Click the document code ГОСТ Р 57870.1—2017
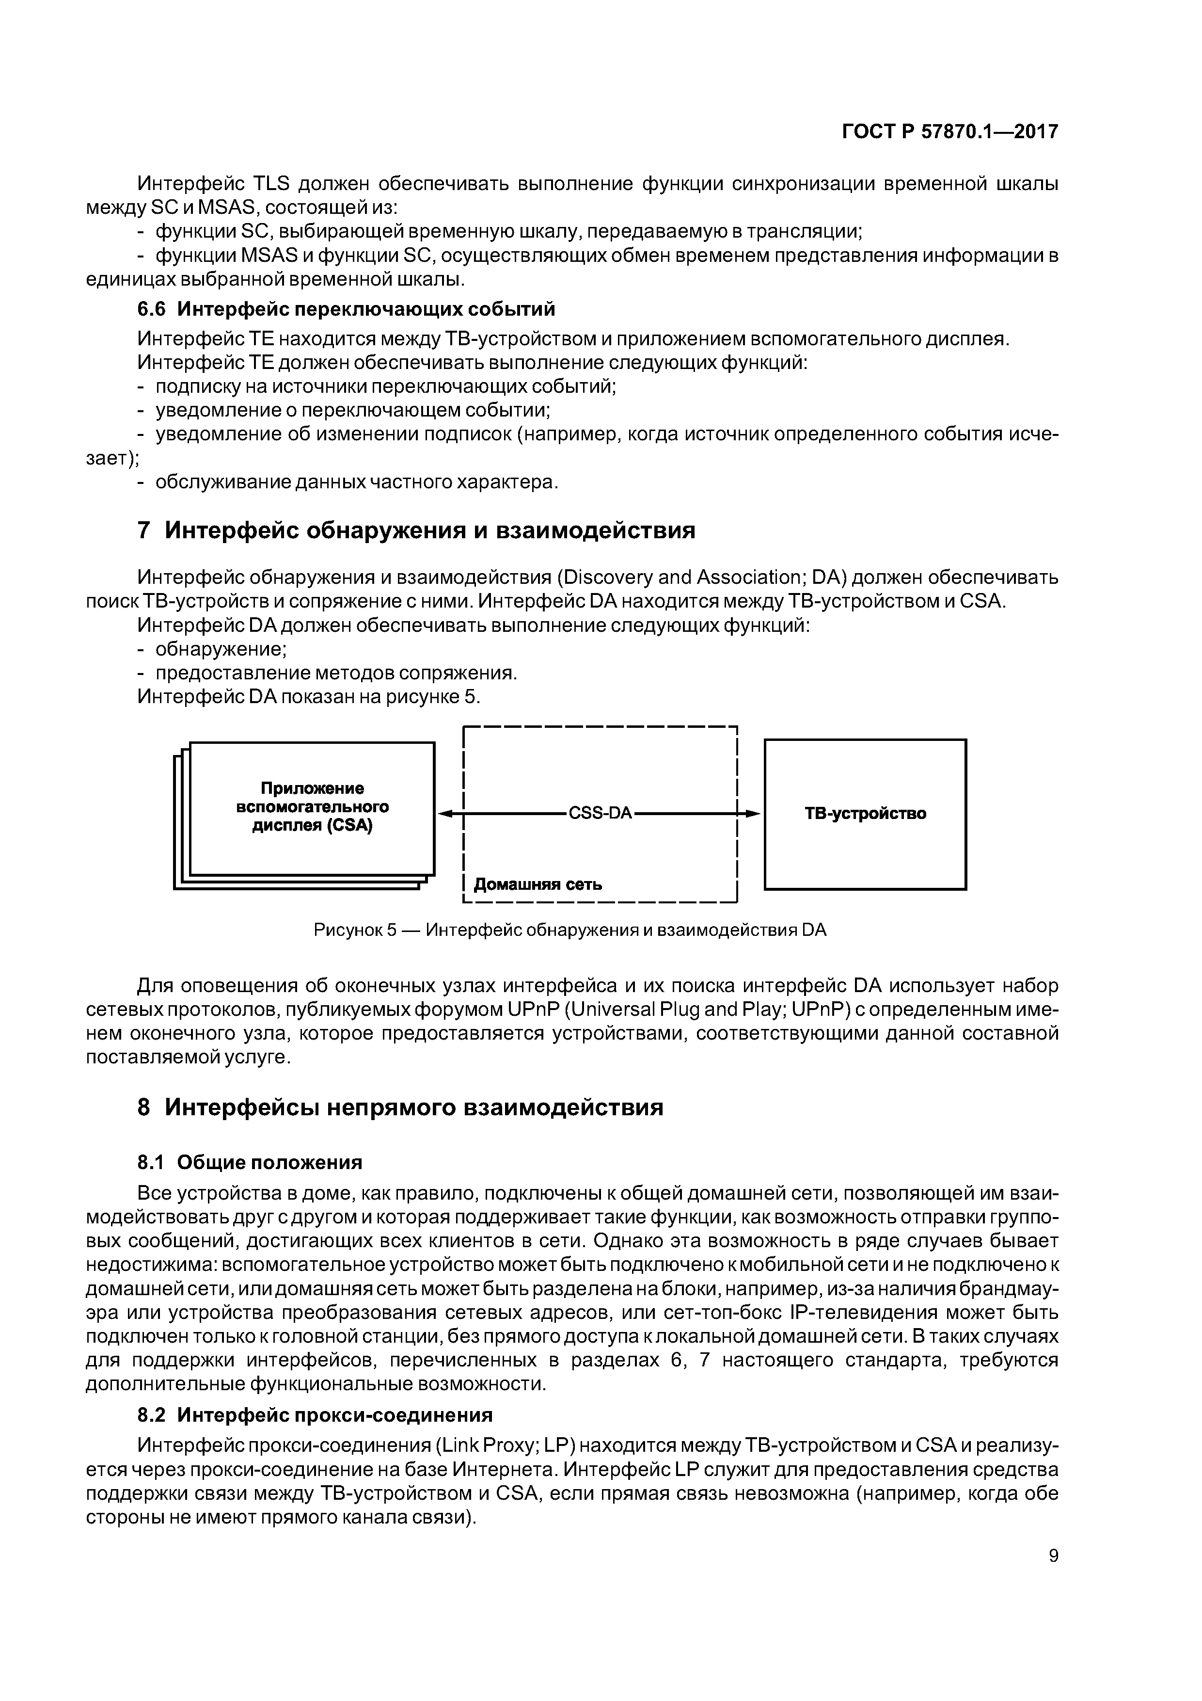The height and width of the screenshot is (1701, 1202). tap(950, 132)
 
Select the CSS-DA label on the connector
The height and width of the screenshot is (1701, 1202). tap(600, 814)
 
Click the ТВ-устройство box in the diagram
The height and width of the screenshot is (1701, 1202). tap(865, 814)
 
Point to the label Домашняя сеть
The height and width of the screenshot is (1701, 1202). tap(538, 884)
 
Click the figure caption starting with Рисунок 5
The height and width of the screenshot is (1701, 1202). tap(569, 930)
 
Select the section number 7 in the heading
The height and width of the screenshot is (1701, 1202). tap(144, 530)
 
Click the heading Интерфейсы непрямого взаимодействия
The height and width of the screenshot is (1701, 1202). tap(413, 1107)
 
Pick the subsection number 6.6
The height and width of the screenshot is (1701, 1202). tap(151, 308)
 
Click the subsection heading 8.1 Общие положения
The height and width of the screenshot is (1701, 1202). tap(250, 1162)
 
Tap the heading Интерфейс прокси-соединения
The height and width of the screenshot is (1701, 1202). tap(335, 1415)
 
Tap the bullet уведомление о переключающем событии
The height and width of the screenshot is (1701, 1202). tap(352, 410)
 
